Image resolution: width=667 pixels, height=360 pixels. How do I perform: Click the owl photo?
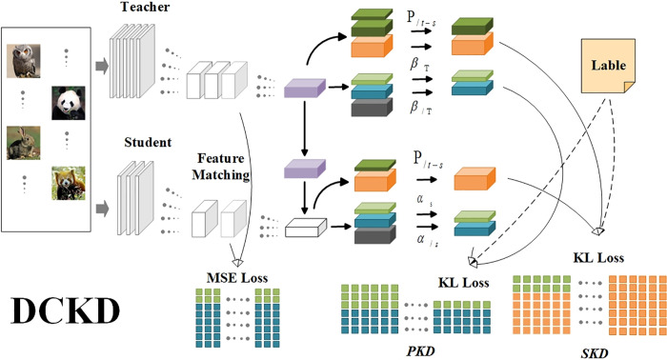[x=24, y=61]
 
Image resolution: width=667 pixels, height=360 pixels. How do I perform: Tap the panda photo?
[x=68, y=103]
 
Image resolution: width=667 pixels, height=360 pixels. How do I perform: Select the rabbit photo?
[x=24, y=143]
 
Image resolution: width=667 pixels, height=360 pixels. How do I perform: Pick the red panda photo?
[x=68, y=183]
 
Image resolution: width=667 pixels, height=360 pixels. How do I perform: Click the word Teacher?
[x=145, y=7]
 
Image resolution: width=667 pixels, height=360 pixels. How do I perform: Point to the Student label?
[x=148, y=142]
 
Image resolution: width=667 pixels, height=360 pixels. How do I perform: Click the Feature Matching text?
[x=220, y=167]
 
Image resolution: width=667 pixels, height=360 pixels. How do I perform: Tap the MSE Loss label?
[x=237, y=278]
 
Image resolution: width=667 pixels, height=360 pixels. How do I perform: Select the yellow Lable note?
[x=608, y=66]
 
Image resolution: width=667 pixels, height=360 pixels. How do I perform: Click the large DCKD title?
[x=65, y=311]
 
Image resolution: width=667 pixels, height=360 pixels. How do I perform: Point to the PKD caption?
[x=421, y=351]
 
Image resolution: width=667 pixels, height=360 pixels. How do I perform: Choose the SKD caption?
[x=595, y=353]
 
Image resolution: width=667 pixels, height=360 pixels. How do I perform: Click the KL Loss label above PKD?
[x=464, y=283]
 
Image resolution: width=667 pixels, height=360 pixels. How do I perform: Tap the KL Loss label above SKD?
[x=598, y=257]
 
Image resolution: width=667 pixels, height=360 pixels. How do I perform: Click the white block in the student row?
[x=306, y=228]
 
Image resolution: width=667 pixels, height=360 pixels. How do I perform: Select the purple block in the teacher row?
[x=305, y=88]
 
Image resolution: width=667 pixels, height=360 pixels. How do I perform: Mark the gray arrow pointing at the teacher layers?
[x=102, y=67]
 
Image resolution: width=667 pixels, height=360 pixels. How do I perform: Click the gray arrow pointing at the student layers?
[x=102, y=209]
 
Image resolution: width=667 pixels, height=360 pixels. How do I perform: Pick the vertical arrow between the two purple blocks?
[x=304, y=129]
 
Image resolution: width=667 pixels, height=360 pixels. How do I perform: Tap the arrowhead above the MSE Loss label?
[x=237, y=262]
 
